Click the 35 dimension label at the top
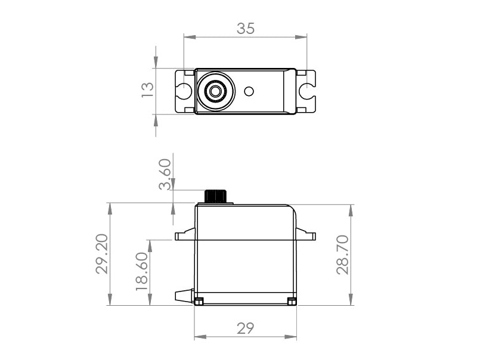click(x=245, y=28)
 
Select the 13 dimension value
click(x=147, y=89)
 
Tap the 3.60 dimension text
click(x=165, y=174)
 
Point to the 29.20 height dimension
click(x=103, y=254)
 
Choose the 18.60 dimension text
click(x=142, y=271)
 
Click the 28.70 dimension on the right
click(x=342, y=255)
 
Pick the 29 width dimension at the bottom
click(x=245, y=328)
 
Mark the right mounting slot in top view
click(x=307, y=91)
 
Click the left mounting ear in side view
click(x=184, y=235)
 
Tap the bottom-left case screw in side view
click(x=199, y=301)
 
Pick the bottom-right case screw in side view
click(x=292, y=302)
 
